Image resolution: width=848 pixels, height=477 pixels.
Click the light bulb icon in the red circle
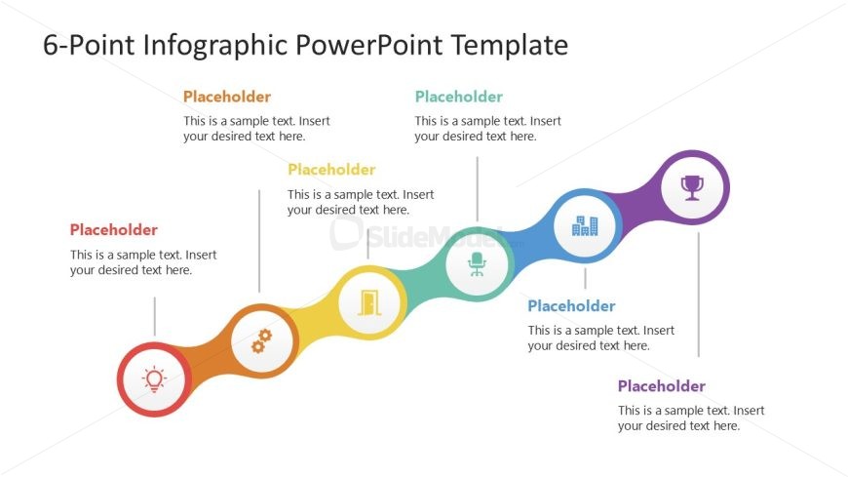coord(154,379)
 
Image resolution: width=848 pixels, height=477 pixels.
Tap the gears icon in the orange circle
coord(262,341)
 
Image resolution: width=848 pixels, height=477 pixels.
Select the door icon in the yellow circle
coord(369,302)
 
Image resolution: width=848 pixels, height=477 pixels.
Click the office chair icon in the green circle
coord(477,264)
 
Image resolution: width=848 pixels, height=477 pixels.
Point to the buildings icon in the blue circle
coord(585,225)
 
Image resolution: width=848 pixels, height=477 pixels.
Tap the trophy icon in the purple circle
coord(692,188)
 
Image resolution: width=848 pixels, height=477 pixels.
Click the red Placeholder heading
coord(114,229)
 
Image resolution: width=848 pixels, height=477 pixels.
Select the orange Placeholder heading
coord(227,97)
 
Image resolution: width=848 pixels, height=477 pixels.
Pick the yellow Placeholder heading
coord(331,170)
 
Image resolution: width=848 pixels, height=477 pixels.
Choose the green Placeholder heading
coord(459,97)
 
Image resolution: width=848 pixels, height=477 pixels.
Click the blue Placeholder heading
coord(571,306)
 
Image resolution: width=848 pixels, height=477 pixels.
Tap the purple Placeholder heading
coord(662,386)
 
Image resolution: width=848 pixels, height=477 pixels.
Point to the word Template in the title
coord(509,45)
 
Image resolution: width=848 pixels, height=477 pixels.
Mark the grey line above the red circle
coord(155,316)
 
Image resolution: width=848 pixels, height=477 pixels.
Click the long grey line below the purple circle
coord(699,295)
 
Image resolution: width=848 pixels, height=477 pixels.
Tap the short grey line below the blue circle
coord(585,278)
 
